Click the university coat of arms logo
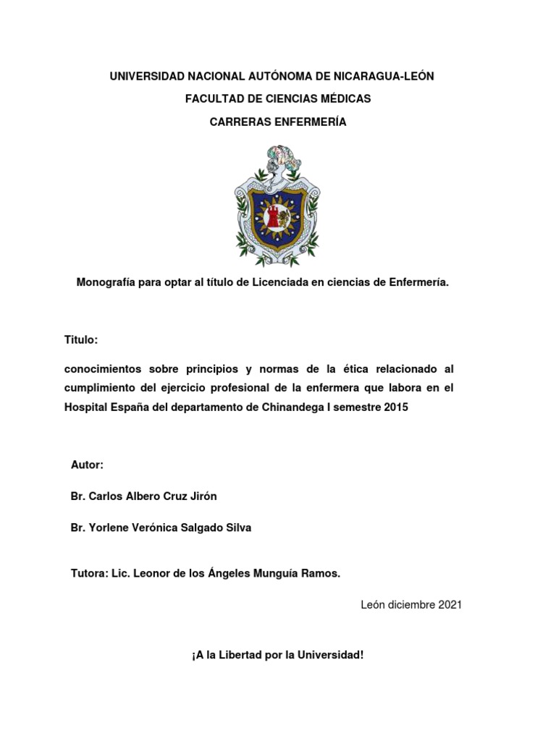[277, 205]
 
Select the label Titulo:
[80, 339]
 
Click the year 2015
[395, 407]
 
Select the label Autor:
[88, 464]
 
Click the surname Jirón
[201, 496]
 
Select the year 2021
[449, 604]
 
